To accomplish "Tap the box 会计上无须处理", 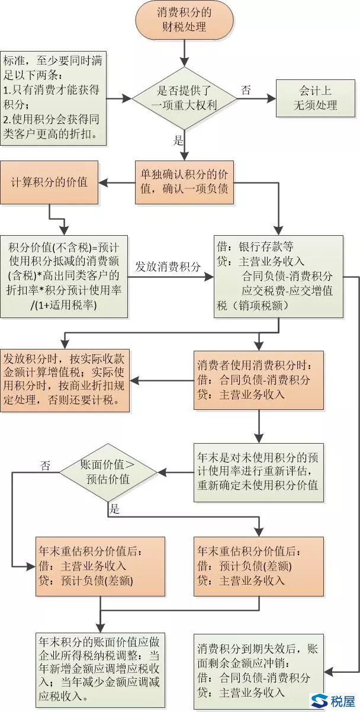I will pyautogui.click(x=314, y=98).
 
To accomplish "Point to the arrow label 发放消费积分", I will pyautogui.click(x=168, y=265).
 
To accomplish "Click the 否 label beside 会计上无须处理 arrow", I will pyautogui.click(x=245, y=90).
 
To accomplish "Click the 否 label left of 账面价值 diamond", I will pyautogui.click(x=45, y=466).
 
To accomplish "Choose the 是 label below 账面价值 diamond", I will pyautogui.click(x=115, y=508).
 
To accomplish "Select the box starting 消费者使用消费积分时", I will pyautogui.click(x=259, y=380).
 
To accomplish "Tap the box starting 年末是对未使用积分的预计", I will pyautogui.click(x=259, y=472).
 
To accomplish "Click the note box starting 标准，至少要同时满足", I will pyautogui.click(x=53, y=98).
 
